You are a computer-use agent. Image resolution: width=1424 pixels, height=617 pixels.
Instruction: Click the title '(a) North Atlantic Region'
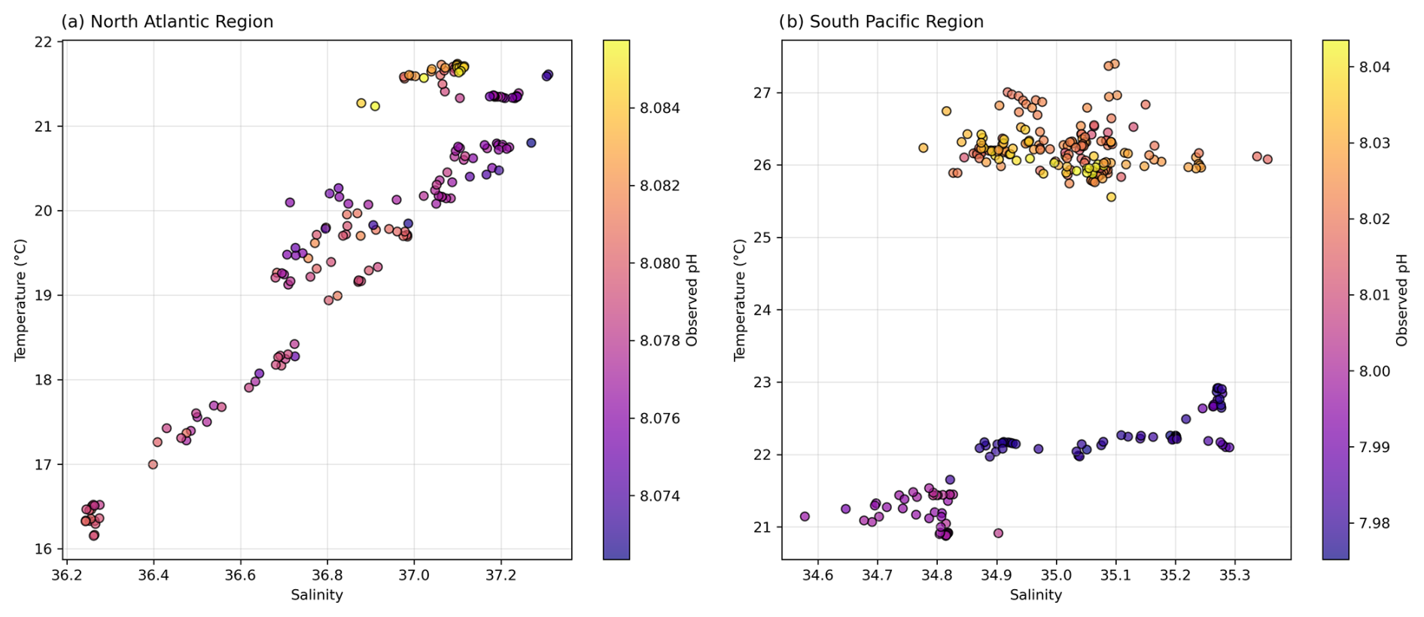click(167, 22)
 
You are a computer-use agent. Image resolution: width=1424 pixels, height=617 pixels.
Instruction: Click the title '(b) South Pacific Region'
click(881, 22)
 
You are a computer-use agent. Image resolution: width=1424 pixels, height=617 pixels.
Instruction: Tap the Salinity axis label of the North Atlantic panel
click(317, 595)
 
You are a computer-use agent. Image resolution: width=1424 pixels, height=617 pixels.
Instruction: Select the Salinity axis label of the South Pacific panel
click(1036, 595)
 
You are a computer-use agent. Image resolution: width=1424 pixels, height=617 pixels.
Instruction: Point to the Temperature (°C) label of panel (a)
click(20, 299)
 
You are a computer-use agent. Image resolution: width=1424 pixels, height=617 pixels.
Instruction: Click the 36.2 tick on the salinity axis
click(66, 576)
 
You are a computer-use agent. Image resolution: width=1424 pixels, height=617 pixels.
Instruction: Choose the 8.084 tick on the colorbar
click(660, 108)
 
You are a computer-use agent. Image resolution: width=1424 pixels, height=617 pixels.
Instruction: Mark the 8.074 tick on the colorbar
click(660, 497)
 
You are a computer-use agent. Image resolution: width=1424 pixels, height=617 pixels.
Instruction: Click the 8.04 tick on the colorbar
click(1376, 68)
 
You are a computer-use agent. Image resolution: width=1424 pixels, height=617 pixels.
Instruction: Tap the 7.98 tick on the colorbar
click(1376, 524)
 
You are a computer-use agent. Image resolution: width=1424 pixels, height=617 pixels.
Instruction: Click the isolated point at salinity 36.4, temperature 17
click(153, 464)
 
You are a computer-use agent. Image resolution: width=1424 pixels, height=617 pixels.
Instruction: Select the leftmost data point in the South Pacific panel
click(805, 516)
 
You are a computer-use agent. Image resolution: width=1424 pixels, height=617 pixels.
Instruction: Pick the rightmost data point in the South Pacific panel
click(1267, 160)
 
